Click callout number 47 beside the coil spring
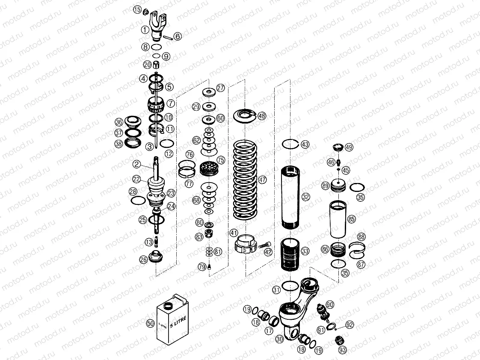[x=262, y=180]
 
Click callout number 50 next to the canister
[x=150, y=324]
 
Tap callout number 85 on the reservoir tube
[x=352, y=219]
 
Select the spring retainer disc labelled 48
[x=246, y=115]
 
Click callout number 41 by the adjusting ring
[x=233, y=233]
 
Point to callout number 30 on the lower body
[x=280, y=339]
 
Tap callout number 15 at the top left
[x=137, y=9]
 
